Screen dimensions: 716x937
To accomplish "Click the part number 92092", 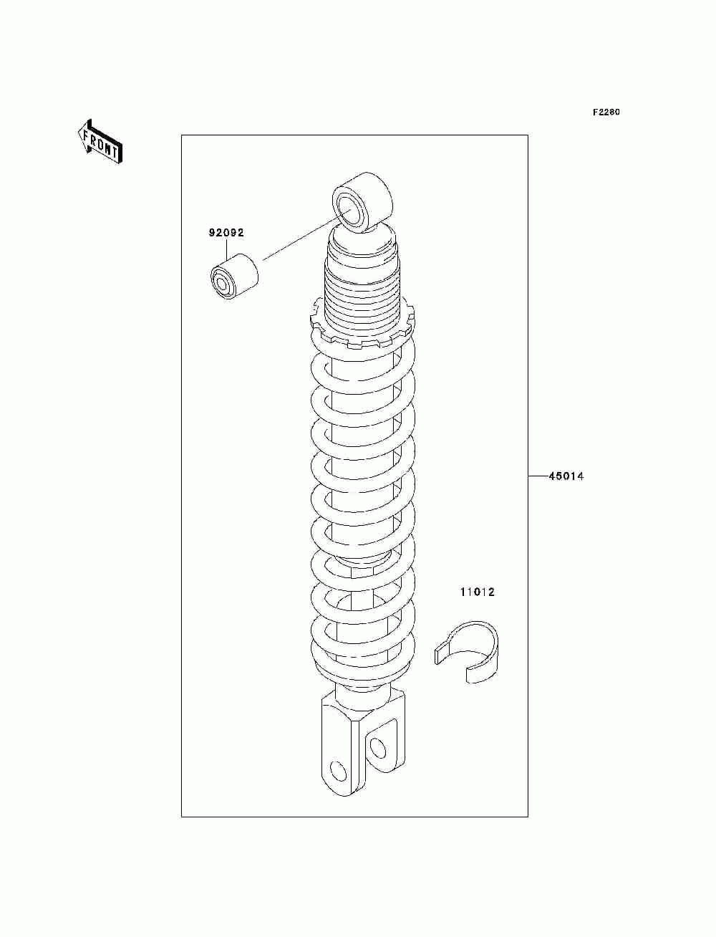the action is pyautogui.click(x=226, y=233).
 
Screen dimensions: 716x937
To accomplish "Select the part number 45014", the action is pyautogui.click(x=566, y=476).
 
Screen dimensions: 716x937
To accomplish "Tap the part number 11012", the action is pyautogui.click(x=477, y=592).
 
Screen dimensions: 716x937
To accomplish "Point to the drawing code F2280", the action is pyautogui.click(x=606, y=112).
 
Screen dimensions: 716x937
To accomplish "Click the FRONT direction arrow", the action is pyautogui.click(x=100, y=142).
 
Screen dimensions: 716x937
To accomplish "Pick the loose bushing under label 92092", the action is pyautogui.click(x=235, y=277).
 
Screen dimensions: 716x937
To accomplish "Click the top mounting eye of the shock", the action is pyautogui.click(x=362, y=202).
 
